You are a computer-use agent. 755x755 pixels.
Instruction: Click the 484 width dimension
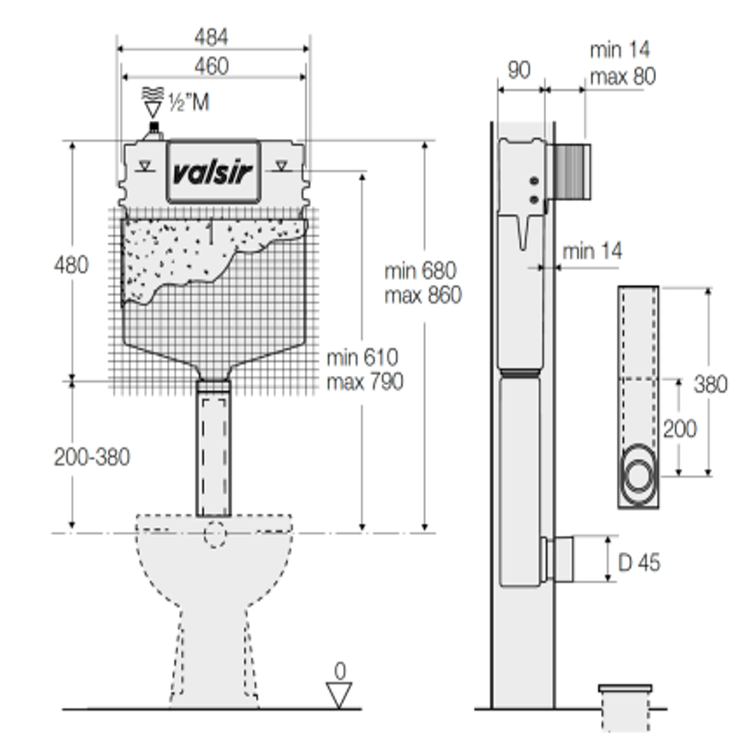point(211,37)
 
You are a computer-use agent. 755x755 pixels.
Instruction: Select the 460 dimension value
point(211,66)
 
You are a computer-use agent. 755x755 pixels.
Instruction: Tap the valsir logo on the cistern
point(213,172)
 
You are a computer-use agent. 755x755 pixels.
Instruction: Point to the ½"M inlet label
point(189,102)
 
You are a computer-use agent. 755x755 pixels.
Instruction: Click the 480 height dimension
point(71,265)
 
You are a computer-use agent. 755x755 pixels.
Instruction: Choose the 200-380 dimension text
point(92,457)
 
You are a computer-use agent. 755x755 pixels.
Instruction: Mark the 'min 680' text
point(420,271)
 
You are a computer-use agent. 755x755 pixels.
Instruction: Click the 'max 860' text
point(424,295)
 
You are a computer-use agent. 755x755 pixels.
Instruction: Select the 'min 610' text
point(362,357)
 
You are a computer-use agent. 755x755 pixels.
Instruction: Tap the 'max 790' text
point(365,382)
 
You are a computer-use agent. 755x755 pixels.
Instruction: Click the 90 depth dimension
point(519,70)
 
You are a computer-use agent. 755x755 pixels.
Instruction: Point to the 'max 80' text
point(623,76)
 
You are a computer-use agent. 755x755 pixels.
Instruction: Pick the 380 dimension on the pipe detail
point(711,384)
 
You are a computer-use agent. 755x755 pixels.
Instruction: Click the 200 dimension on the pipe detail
point(679,429)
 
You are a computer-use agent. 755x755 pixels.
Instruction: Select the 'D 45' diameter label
point(639,562)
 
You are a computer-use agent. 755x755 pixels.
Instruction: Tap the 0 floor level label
point(340,671)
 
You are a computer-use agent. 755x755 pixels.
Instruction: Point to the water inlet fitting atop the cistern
point(154,131)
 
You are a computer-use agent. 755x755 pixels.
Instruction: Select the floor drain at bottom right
point(626,707)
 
